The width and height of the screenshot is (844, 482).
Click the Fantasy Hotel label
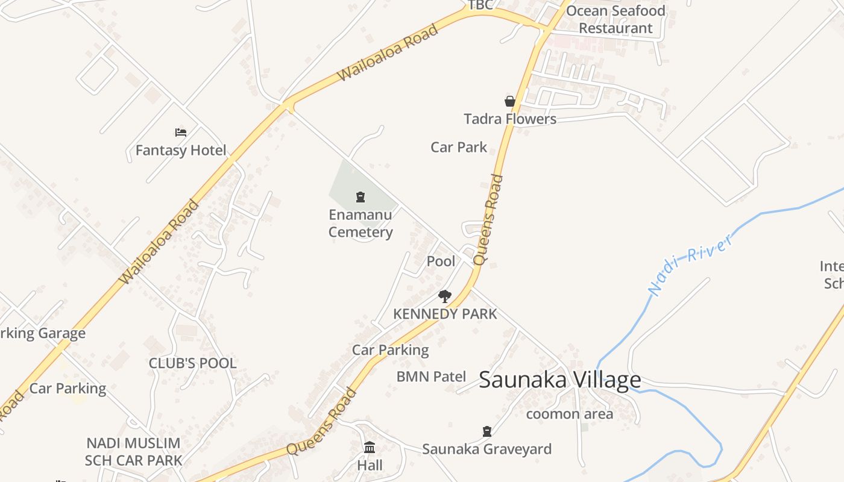(181, 150)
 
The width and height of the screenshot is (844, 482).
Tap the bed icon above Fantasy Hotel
(181, 133)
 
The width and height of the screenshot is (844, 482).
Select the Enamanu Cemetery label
(361, 224)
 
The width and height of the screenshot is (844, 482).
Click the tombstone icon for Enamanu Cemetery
(361, 196)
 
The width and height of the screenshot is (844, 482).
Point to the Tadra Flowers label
(510, 119)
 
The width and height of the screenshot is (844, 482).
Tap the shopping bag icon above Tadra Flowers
(510, 101)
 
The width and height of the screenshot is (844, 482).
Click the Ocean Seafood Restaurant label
(616, 19)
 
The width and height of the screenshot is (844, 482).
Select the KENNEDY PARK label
(445, 314)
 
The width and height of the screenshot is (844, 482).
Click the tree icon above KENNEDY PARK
(445, 296)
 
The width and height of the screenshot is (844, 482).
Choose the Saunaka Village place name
(559, 380)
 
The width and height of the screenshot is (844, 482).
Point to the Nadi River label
(691, 263)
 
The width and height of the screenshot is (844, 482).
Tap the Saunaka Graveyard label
(487, 449)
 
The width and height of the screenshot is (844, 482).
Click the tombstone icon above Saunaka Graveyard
(487, 431)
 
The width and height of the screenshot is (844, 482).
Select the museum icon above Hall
(370, 448)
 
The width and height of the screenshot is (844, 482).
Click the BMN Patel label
(431, 377)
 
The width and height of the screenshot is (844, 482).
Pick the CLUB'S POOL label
(192, 363)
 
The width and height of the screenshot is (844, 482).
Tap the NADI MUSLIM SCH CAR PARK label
(133, 452)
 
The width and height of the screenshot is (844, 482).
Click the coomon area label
(569, 414)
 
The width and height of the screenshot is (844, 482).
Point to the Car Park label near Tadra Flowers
(459, 147)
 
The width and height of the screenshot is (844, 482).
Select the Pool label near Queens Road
(441, 261)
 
